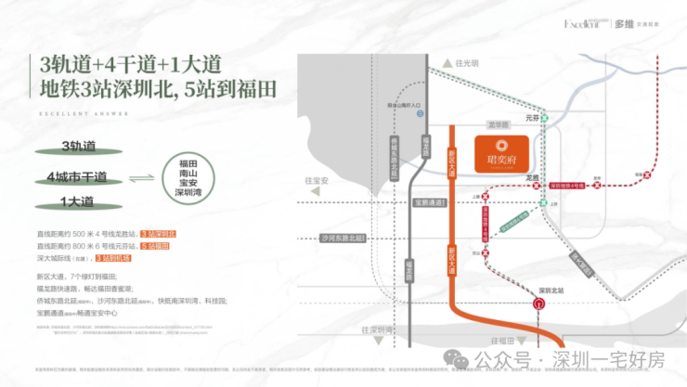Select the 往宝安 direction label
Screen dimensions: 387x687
pos(318,182)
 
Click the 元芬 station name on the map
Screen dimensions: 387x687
pos(533,119)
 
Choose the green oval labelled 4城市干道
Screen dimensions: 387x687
pos(77,176)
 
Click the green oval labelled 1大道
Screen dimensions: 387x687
pos(77,200)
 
